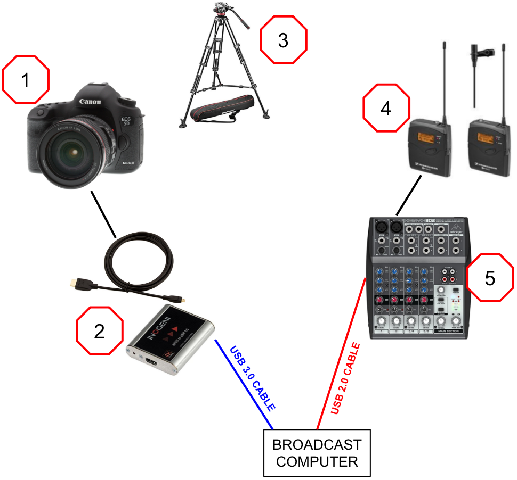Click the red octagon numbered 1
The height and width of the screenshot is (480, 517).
pos(26,80)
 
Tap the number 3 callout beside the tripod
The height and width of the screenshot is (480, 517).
pos(284,40)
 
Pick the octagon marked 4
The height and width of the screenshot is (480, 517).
pos(386,108)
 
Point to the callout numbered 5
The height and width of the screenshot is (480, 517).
pos(490,278)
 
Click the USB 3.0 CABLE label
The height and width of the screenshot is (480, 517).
pos(252,379)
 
